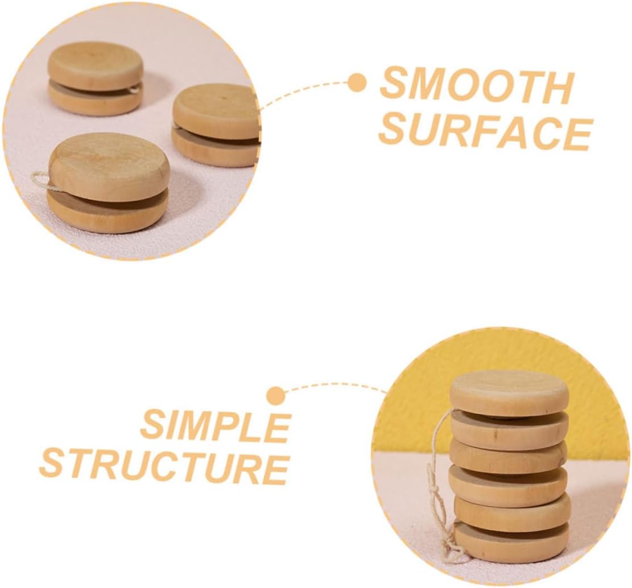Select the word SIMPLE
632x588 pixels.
(x=216, y=427)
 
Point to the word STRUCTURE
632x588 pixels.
(x=164, y=467)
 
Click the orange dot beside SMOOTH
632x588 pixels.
(x=357, y=83)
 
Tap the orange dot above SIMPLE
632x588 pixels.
(x=276, y=395)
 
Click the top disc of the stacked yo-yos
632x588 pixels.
(x=509, y=392)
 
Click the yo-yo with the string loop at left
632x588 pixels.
(x=108, y=182)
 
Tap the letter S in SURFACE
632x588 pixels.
(x=394, y=132)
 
